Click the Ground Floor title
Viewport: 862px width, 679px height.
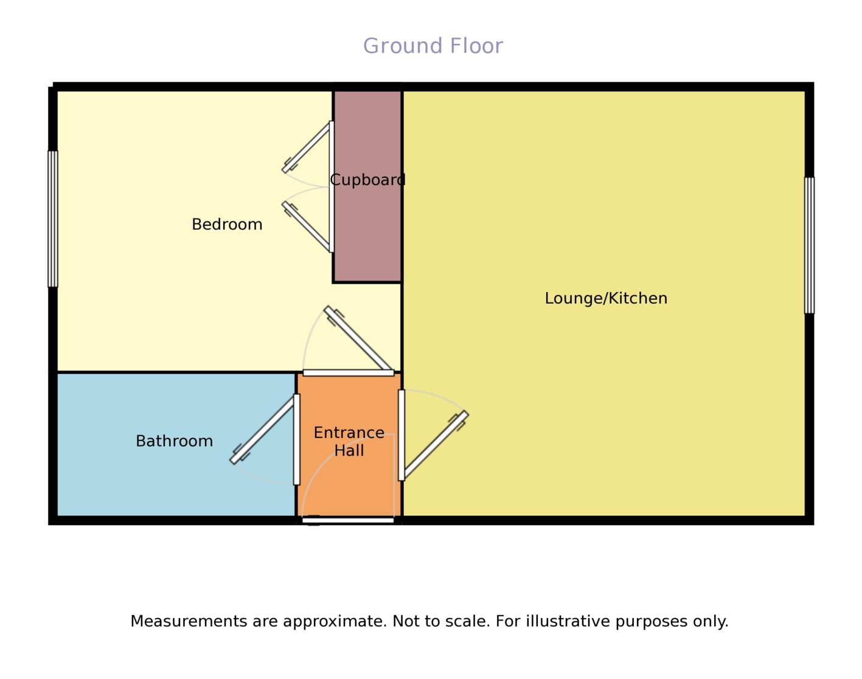[x=433, y=46]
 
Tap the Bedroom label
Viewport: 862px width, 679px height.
[x=227, y=225]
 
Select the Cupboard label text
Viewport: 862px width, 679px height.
[x=367, y=180]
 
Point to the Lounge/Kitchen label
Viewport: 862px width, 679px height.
[x=606, y=299]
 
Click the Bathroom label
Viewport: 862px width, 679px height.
[x=174, y=441]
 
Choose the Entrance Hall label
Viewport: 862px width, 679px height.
[x=349, y=442]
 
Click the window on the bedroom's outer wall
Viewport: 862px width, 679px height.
[x=53, y=218]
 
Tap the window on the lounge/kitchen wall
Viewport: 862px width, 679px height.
[x=809, y=245]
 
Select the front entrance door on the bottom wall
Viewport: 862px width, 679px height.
[x=348, y=520]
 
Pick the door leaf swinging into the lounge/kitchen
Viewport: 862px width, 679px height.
[x=436, y=444]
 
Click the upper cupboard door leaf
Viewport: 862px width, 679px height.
[x=306, y=148]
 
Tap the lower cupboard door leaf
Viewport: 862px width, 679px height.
[x=306, y=226]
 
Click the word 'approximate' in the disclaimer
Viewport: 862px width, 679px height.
[x=335, y=621]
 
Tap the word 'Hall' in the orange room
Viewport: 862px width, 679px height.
[x=349, y=451]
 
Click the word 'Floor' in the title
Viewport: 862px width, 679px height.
[x=476, y=46]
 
